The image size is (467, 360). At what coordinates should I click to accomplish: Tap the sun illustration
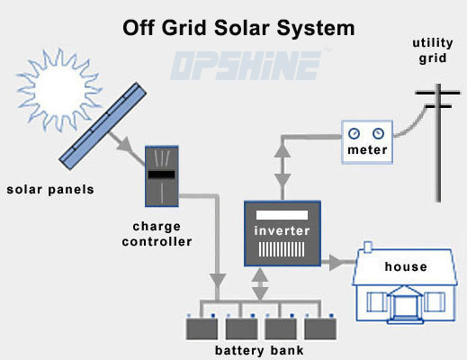click(x=59, y=89)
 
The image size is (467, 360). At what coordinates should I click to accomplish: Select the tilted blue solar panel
click(x=103, y=126)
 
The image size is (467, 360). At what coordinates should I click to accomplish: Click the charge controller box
click(x=162, y=176)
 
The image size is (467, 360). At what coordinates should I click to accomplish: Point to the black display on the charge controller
click(x=162, y=175)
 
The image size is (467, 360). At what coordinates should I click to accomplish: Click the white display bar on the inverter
click(x=282, y=215)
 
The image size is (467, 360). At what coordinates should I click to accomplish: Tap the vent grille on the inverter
click(x=282, y=249)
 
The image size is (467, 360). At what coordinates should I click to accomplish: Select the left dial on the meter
click(x=354, y=133)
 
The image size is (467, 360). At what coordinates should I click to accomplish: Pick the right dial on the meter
click(x=378, y=133)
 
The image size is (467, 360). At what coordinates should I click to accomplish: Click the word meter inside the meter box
click(x=367, y=149)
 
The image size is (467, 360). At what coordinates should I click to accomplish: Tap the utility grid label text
click(x=433, y=50)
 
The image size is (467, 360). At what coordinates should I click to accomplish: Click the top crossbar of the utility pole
click(x=437, y=93)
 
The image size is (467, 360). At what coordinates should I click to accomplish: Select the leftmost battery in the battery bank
click(x=202, y=328)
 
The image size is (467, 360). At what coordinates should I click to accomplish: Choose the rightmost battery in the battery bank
click(x=320, y=328)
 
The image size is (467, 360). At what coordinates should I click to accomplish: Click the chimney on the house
click(x=368, y=247)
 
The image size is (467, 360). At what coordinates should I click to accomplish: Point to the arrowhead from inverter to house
click(x=337, y=262)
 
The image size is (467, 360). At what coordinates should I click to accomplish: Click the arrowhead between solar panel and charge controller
click(x=124, y=144)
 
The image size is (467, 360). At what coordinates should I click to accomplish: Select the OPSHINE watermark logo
click(x=246, y=65)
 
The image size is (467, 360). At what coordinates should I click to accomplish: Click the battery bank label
click(x=259, y=350)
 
